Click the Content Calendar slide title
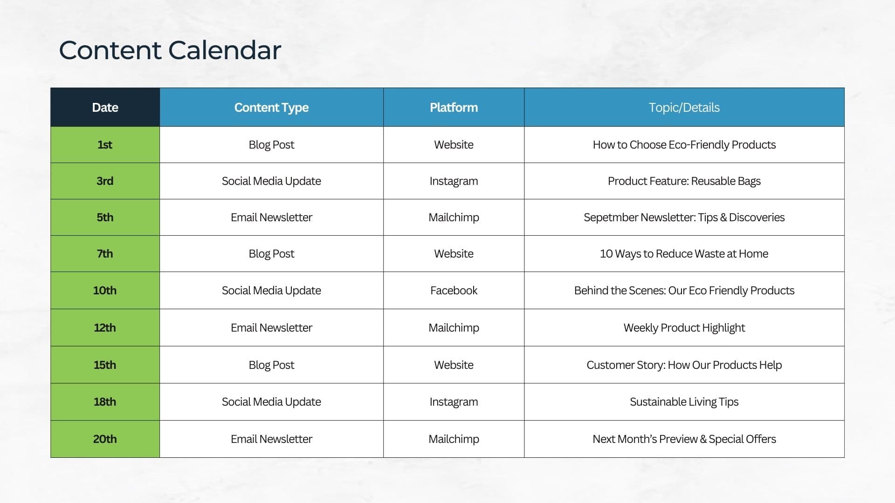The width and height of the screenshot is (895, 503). [170, 50]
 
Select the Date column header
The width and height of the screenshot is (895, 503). [105, 108]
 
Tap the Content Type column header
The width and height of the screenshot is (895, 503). [271, 108]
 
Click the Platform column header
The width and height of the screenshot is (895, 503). [454, 108]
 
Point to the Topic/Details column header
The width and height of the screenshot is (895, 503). [684, 108]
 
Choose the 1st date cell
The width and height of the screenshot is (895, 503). [105, 145]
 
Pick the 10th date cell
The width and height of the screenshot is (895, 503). [105, 291]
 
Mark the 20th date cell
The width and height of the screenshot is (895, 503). [105, 439]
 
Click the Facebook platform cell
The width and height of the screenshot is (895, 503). [454, 291]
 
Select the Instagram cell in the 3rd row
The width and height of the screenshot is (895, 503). [454, 181]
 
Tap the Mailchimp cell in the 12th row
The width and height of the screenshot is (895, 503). [454, 328]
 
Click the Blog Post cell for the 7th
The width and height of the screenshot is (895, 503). [271, 254]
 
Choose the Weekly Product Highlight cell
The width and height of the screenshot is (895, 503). [684, 328]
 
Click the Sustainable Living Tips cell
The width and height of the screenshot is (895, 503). [684, 402]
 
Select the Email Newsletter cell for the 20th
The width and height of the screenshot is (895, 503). [271, 439]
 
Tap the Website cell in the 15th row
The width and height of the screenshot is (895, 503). [454, 365]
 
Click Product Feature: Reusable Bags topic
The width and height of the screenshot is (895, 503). [684, 181]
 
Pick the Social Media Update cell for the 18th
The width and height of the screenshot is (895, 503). [271, 402]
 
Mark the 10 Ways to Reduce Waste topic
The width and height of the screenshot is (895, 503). [684, 254]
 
